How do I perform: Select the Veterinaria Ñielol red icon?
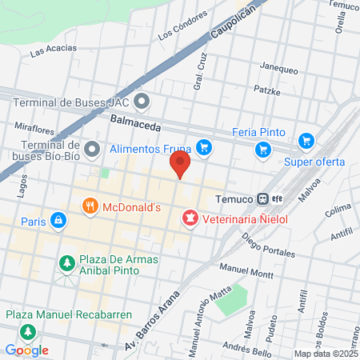[x=190, y=217]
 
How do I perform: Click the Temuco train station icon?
[x=262, y=199]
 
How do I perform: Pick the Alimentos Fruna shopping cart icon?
[x=205, y=147]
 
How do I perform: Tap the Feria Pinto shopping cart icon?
[x=262, y=149]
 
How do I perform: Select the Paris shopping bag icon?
[x=58, y=220]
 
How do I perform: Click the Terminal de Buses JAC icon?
[x=142, y=101]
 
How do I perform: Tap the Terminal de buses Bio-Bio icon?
[x=93, y=149]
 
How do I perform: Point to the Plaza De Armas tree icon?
[x=67, y=262]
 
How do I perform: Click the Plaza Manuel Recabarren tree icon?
[x=28, y=331]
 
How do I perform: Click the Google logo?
[x=27, y=350]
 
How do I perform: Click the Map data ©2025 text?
[x=325, y=354]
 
